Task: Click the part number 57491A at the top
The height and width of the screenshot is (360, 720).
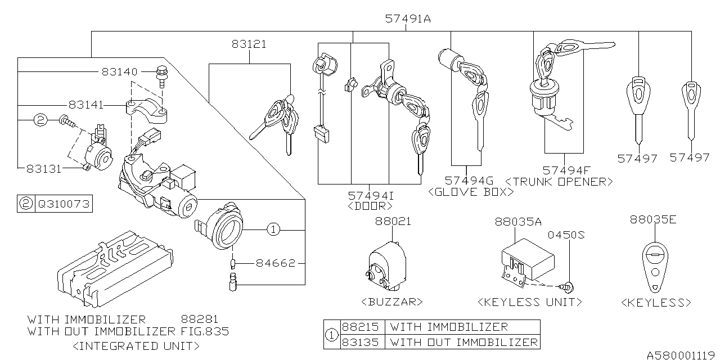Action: pos(408,19)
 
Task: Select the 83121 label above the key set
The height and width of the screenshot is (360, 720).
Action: pos(248,44)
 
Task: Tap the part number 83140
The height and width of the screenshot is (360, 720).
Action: pos(119,72)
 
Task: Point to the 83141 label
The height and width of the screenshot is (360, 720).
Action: pos(87,105)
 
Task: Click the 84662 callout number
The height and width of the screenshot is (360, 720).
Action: pos(276,263)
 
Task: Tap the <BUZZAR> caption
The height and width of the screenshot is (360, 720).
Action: pos(393,302)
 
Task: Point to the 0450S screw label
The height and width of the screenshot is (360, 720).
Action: pos(567,235)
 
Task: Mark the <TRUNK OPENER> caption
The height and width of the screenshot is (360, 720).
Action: pos(559,182)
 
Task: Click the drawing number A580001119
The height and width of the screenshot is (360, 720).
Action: pos(681,354)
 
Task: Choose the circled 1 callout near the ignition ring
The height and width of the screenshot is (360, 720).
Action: pos(273,229)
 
